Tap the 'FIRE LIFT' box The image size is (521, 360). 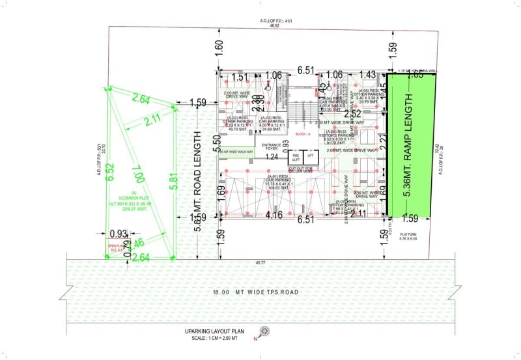tap(296, 158)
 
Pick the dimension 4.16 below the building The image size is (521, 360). tap(275, 214)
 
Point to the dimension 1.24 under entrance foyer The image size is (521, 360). tap(272, 157)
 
